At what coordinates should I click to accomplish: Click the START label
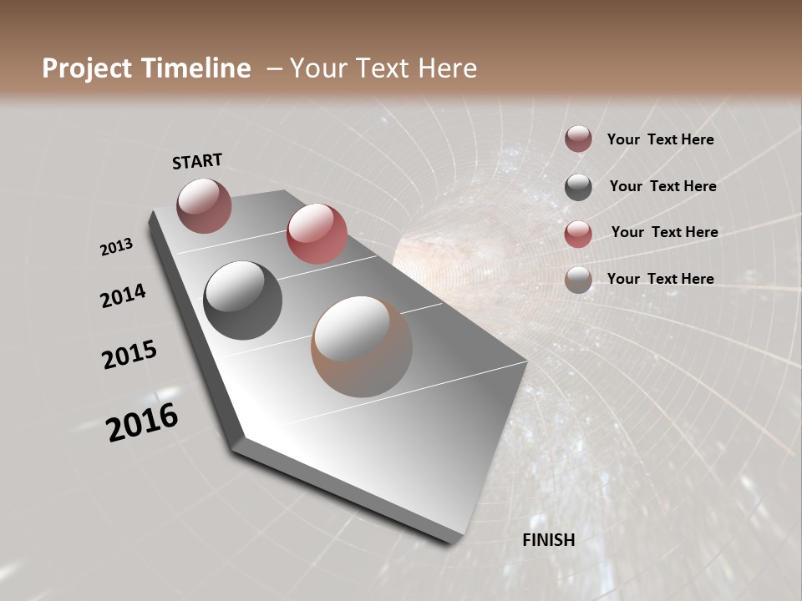coord(197,161)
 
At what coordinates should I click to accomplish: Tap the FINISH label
coord(548,540)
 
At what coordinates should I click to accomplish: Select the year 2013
coord(117,247)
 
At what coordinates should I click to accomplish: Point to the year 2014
coord(123,296)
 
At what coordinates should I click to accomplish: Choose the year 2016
coord(142,422)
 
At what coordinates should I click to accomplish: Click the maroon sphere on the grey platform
coord(204,205)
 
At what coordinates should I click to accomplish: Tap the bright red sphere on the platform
coord(317,234)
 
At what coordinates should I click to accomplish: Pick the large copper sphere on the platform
coord(362,346)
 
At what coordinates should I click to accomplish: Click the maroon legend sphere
coord(578,139)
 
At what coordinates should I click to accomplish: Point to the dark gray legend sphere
coord(578,187)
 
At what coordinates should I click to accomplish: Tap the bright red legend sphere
coord(578,234)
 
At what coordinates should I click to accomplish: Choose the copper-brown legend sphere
coord(578,280)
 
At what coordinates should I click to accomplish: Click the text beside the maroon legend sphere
coord(660,139)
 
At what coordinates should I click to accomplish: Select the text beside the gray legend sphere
coord(662,186)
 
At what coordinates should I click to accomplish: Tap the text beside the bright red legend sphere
coord(664,232)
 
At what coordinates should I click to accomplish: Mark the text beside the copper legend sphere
coord(660,279)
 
